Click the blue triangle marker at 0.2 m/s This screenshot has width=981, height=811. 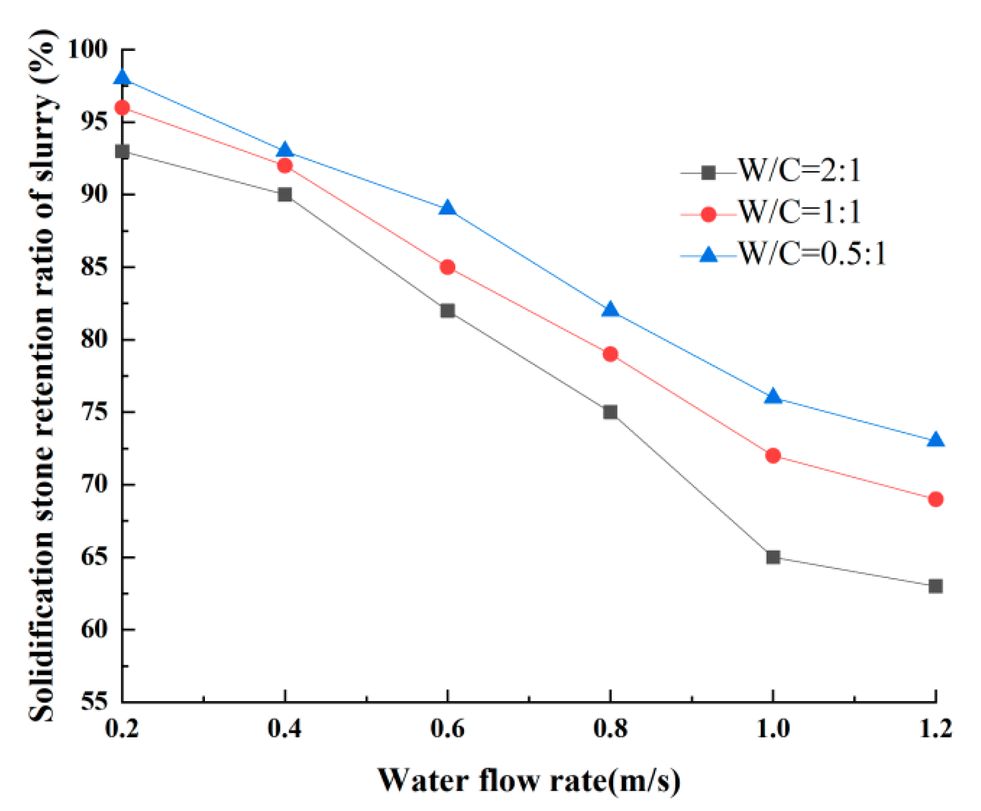pyautogui.click(x=122, y=79)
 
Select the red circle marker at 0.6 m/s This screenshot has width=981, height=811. pyautogui.click(x=448, y=267)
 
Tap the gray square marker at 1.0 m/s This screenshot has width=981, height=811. pyautogui.click(x=773, y=557)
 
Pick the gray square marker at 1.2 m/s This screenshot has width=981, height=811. pyautogui.click(x=935, y=586)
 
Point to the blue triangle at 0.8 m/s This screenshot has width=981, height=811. pyautogui.click(x=610, y=310)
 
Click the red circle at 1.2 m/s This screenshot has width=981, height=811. pyautogui.click(x=935, y=499)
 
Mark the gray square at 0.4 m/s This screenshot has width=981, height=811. pyautogui.click(x=285, y=195)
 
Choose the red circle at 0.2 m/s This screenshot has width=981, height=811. pyautogui.click(x=122, y=108)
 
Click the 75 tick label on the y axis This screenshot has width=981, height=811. pyautogui.click(x=94, y=412)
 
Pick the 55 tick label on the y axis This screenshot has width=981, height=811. pyautogui.click(x=94, y=702)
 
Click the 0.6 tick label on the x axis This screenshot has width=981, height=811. pyautogui.click(x=448, y=729)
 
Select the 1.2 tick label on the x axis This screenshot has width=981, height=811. pyautogui.click(x=935, y=729)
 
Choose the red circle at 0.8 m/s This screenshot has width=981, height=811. pyautogui.click(x=610, y=354)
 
